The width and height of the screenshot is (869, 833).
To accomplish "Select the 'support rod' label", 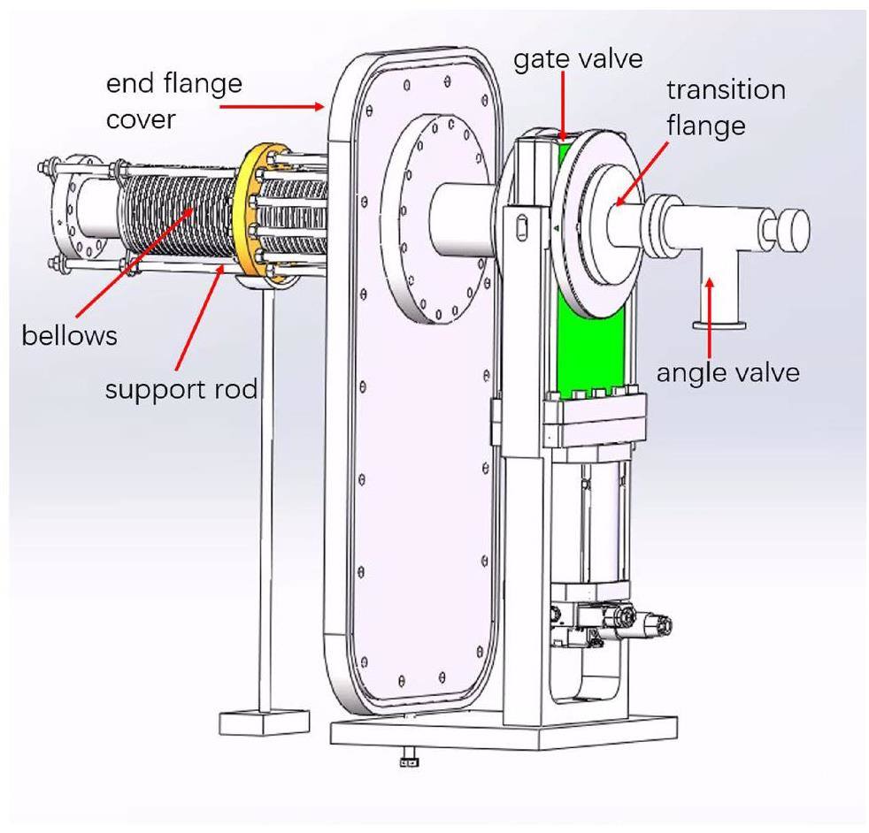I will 181,388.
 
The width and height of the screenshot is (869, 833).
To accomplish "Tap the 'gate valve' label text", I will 578,59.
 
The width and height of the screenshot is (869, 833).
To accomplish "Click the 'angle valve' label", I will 727,372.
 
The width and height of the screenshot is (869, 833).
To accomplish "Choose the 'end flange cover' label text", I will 173,101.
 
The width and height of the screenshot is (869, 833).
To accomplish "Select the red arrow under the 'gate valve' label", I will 565,106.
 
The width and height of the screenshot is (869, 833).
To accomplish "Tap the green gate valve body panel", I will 593,354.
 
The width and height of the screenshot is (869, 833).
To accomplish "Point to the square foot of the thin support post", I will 264,722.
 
